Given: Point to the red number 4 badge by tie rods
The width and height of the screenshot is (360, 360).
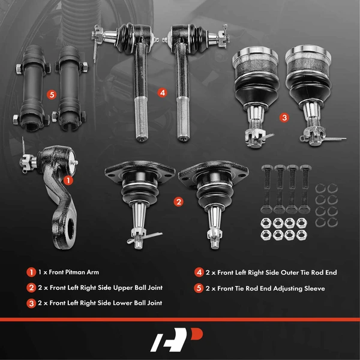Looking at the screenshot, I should click(x=162, y=93).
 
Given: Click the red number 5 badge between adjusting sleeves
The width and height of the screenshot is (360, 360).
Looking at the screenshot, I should click(x=52, y=94).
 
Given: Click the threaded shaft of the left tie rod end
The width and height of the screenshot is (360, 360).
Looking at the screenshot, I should click(x=137, y=123).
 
